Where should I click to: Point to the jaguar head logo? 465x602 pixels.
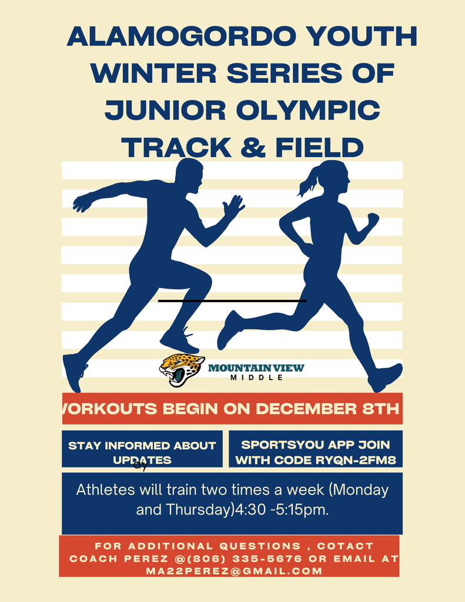(181, 369)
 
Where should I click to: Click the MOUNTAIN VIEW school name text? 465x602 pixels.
(256, 368)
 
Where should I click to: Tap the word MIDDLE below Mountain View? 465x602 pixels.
(256, 377)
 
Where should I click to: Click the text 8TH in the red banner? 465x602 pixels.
(380, 409)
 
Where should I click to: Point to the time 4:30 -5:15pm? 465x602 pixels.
(282, 510)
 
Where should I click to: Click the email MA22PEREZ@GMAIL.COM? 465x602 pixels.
(234, 571)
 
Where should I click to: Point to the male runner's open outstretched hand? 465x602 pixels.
(235, 206)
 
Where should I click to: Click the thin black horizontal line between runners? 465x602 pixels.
(232, 301)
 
